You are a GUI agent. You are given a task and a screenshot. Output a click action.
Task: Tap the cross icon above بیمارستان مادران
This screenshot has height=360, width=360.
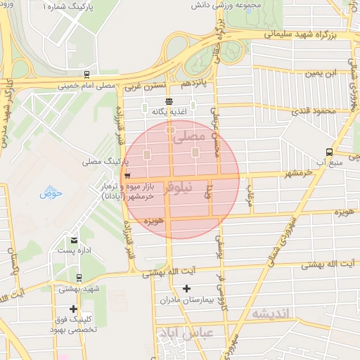[186, 288]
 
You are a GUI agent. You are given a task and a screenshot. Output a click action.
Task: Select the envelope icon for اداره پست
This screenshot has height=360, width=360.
[74, 240]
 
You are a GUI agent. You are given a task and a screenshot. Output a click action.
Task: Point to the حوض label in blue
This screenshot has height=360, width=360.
[51, 193]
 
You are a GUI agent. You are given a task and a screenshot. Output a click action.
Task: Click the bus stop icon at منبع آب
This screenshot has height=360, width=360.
[330, 152]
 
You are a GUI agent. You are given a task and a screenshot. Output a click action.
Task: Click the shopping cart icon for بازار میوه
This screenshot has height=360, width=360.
[127, 176]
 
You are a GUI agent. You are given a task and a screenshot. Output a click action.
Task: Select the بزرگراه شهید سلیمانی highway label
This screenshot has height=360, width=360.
[304, 34]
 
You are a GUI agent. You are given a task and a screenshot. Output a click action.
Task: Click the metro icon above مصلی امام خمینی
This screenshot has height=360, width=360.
[86, 74]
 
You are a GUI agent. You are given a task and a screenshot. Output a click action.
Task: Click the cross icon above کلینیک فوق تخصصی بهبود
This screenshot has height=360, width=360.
[73, 309]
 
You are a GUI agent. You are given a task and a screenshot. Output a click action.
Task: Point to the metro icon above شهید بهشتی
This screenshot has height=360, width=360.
[79, 277]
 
